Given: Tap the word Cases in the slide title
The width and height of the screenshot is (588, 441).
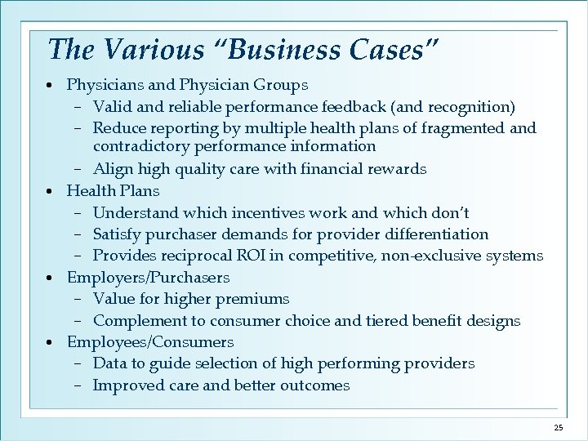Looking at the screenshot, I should (x=390, y=51).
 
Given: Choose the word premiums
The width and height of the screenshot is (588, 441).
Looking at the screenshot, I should (x=260, y=299).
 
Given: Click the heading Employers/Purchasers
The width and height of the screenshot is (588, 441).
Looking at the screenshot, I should (x=148, y=278).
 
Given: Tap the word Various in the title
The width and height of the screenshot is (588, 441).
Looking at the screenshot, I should (x=146, y=51).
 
